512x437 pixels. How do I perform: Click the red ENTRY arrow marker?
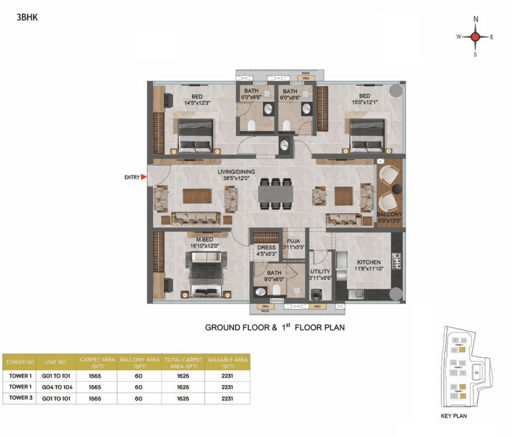[x=144, y=177]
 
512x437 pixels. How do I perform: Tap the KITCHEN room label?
[x=368, y=262]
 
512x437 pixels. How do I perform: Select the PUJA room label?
[x=293, y=241]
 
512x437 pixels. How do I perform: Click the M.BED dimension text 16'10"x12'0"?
[x=204, y=246]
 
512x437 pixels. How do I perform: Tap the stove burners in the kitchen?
[x=397, y=261]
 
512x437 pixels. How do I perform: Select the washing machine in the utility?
[x=317, y=294]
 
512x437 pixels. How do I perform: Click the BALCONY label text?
[x=389, y=214]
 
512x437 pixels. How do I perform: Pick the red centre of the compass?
[x=475, y=37]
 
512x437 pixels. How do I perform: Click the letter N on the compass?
[x=476, y=19]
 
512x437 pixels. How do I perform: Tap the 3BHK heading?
[x=27, y=17]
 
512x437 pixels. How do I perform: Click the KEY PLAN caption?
[x=454, y=416]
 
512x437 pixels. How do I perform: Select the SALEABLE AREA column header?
[x=228, y=363]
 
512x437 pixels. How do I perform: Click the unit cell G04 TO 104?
[x=57, y=387]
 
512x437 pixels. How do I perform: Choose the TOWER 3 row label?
[x=21, y=398]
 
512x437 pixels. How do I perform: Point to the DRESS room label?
[x=266, y=247]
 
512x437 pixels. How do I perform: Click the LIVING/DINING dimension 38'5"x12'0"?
[x=236, y=178]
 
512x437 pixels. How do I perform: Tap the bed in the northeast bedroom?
[x=367, y=135]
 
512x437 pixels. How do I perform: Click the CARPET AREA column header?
[x=97, y=363]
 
